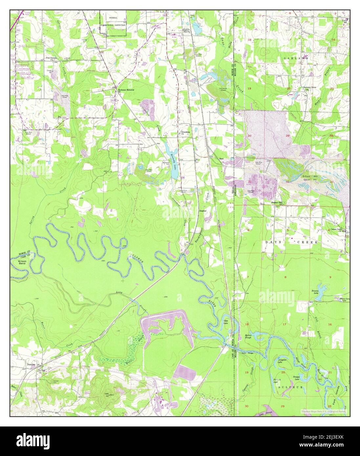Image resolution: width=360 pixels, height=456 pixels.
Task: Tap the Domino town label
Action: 31,364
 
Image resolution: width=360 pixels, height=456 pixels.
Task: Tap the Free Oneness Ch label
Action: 52,58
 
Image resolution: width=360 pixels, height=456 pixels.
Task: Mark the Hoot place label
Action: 222,158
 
